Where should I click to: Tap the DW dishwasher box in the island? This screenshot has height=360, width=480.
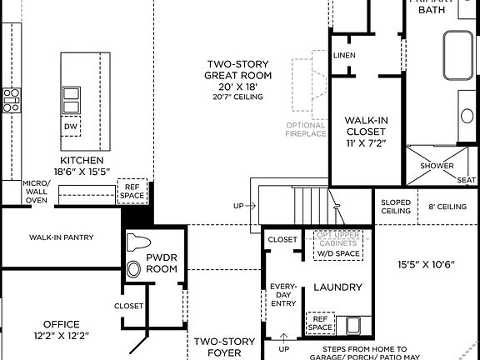pos(72,127)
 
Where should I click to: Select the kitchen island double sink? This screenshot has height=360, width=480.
pos(72,100)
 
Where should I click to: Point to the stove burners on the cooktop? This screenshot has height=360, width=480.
pos(12,100)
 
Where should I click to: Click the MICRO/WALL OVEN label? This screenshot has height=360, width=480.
pos(35,191)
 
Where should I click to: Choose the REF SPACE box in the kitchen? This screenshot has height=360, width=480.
pos(132,191)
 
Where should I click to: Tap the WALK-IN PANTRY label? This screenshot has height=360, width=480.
pos(61,237)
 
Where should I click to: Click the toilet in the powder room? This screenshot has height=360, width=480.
pos(136,255)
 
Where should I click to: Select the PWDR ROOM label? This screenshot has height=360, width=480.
pos(162,264)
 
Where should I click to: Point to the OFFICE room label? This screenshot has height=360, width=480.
pos(62,329)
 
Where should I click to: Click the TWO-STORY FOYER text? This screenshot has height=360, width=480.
pos(219,347)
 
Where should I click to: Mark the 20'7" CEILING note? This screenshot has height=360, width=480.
pos(237,97)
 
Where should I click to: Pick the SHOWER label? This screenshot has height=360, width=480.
pos(437,166)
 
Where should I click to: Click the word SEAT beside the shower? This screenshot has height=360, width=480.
pos(466,179)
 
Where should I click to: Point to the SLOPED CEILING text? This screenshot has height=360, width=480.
pos(395,207)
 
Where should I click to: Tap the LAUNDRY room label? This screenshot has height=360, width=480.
pos(337,287)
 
